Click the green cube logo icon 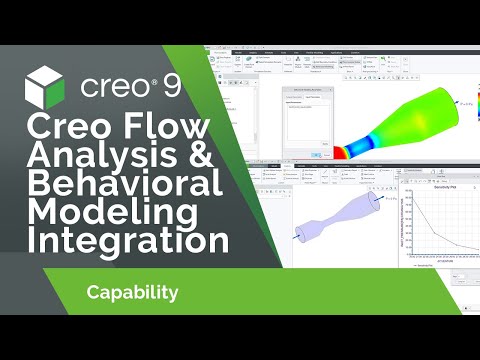coord(45,84)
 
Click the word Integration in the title coord(125,242)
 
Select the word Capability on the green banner coord(132,293)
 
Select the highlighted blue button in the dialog coord(316,154)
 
